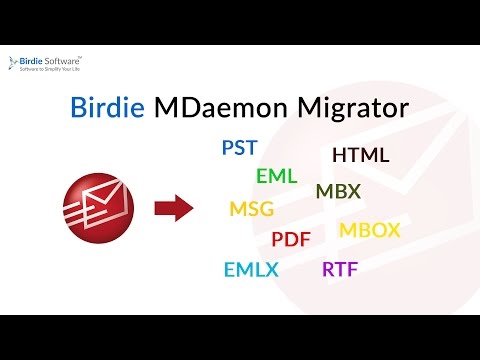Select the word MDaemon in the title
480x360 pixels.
pyautogui.click(x=213, y=108)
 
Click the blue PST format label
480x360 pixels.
pyautogui.click(x=239, y=149)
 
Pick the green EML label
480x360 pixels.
pyautogui.click(x=276, y=176)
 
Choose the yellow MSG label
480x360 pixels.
pyautogui.click(x=251, y=210)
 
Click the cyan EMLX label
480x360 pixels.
pyautogui.click(x=251, y=270)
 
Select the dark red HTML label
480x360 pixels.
pyautogui.click(x=360, y=156)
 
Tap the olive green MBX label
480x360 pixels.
pyautogui.click(x=338, y=191)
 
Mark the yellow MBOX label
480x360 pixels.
pyautogui.click(x=369, y=230)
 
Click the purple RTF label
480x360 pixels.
pyautogui.click(x=340, y=270)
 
